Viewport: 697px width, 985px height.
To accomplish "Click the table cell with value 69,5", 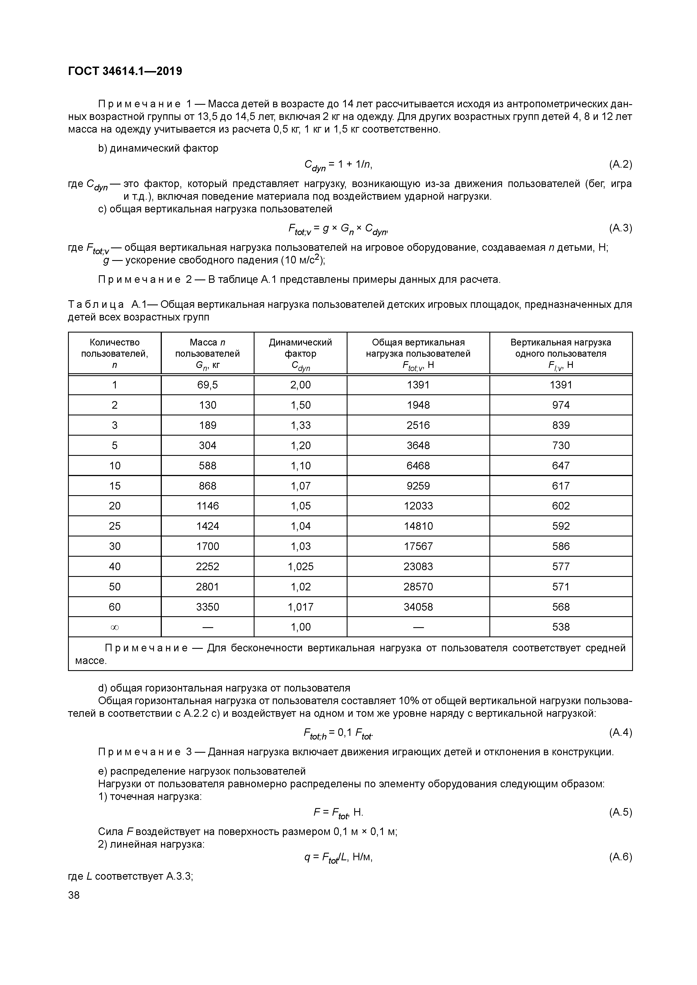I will (x=207, y=385).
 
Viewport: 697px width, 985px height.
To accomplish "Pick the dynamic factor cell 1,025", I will (x=300, y=566).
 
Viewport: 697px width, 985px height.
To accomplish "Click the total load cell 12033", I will (x=418, y=506).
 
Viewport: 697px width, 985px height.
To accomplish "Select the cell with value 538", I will (x=560, y=627).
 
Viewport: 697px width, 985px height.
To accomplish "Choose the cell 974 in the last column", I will (x=560, y=405).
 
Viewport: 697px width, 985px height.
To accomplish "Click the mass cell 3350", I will (x=207, y=607).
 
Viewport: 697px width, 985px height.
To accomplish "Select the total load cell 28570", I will (x=418, y=586).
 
